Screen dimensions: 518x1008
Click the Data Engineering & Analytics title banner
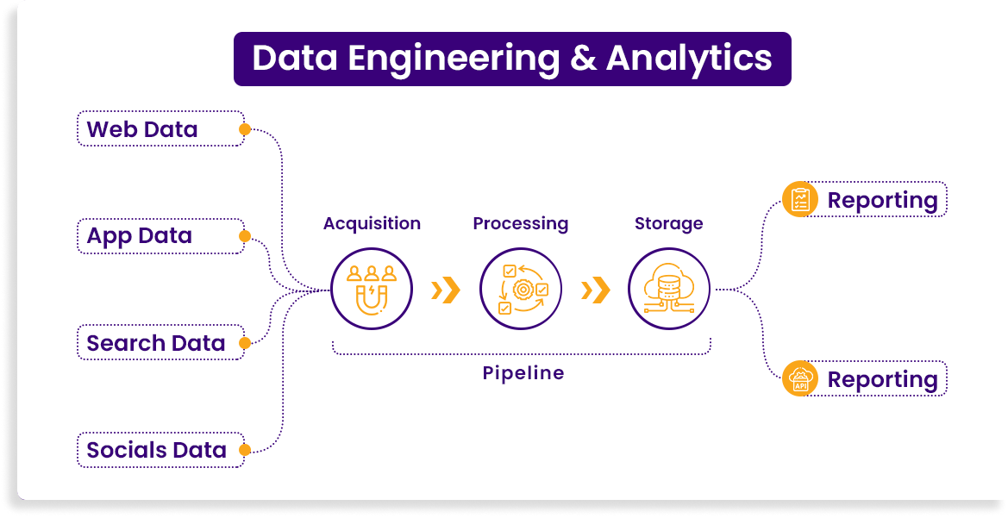[512, 59]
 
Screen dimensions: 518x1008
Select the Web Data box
[160, 129]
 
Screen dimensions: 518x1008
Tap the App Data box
[160, 236]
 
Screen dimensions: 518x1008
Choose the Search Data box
[160, 343]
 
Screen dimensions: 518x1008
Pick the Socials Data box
[160, 450]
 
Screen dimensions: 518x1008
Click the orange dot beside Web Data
[245, 129]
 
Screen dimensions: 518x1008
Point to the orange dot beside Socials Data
[245, 450]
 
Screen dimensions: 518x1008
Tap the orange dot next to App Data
[245, 236]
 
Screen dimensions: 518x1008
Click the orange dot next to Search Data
[245, 343]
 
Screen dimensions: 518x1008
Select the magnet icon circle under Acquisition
[373, 289]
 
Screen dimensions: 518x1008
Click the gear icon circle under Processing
[521, 289]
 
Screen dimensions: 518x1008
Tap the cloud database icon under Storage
[668, 289]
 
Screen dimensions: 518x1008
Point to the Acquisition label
[372, 224]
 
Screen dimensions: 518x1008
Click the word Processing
[521, 224]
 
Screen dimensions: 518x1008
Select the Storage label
[668, 224]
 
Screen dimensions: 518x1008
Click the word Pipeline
[523, 373]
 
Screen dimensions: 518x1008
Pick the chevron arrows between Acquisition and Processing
[445, 290]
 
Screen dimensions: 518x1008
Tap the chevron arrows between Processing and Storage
[595, 290]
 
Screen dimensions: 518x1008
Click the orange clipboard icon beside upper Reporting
[800, 200]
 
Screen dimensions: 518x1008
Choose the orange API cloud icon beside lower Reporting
[800, 379]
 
